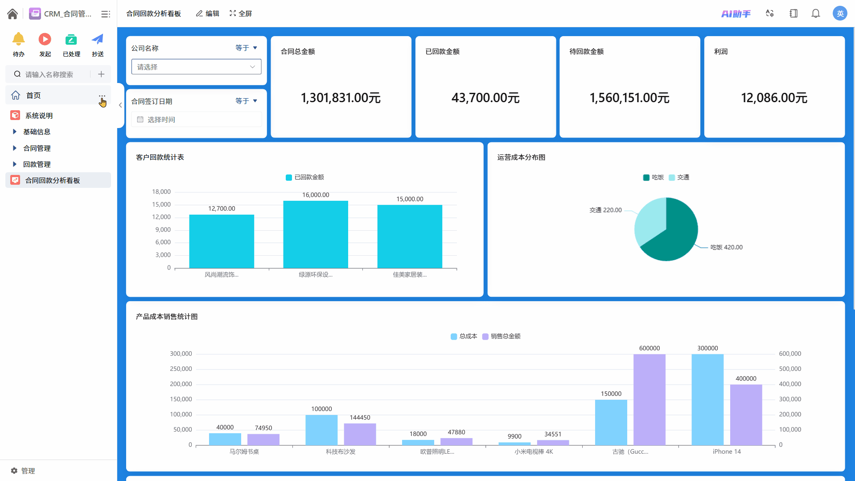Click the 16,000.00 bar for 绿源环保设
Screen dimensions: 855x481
pyautogui.click(x=316, y=234)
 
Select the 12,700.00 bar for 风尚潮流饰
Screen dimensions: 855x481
pyautogui.click(x=222, y=241)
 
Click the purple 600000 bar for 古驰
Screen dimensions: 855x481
pyautogui.click(x=649, y=399)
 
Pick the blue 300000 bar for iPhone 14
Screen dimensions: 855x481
pyautogui.click(x=707, y=399)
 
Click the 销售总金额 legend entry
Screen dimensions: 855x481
pyautogui.click(x=501, y=336)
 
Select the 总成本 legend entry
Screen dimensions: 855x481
pyautogui.click(x=464, y=336)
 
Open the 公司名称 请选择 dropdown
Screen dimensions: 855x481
pyautogui.click(x=196, y=67)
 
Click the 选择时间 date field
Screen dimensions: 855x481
pyautogui.click(x=196, y=120)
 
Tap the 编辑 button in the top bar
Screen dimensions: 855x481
pyautogui.click(x=208, y=14)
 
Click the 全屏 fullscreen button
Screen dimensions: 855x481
pyautogui.click(x=241, y=14)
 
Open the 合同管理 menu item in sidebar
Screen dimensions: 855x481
pyautogui.click(x=37, y=148)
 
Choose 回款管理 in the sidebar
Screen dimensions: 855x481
pyautogui.click(x=37, y=164)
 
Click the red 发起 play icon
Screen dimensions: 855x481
pyautogui.click(x=45, y=39)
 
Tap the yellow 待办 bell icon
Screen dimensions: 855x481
pyautogui.click(x=18, y=39)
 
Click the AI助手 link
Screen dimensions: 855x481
pyautogui.click(x=736, y=14)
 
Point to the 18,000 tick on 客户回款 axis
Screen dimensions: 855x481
pyautogui.click(x=161, y=192)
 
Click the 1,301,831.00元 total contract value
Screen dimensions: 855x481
pyautogui.click(x=341, y=98)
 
